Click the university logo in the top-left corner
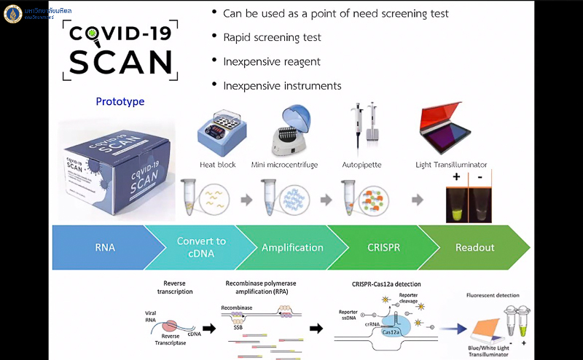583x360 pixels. click(x=13, y=13)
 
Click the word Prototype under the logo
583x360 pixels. click(x=120, y=102)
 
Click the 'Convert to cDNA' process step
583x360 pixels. click(x=201, y=248)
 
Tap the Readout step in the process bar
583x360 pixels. click(x=474, y=248)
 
